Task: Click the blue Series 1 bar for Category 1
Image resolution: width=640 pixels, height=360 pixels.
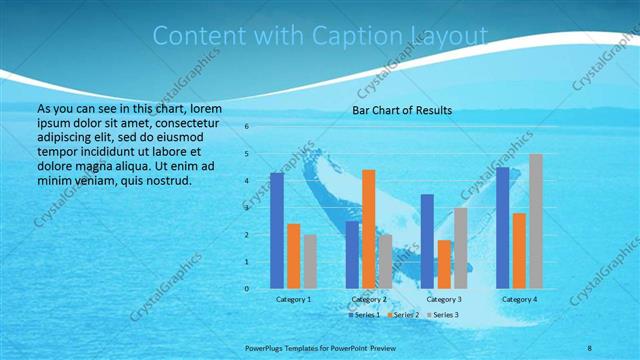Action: click(277, 230)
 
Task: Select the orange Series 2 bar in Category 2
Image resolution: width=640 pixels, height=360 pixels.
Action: click(369, 229)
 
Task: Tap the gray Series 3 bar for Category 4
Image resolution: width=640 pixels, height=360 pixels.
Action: click(536, 221)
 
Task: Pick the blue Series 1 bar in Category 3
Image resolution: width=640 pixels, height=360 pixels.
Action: click(427, 241)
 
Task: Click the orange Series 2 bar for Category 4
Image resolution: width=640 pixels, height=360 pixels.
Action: click(519, 250)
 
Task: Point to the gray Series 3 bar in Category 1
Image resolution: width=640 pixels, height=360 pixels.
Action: click(310, 261)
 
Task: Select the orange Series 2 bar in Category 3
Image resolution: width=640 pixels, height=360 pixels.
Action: click(444, 264)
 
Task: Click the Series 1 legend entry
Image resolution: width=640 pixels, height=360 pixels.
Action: click(366, 315)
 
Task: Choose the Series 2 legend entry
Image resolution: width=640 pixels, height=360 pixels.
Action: click(403, 315)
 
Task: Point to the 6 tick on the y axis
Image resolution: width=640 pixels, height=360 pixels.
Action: click(247, 127)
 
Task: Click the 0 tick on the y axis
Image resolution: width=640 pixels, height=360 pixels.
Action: click(247, 289)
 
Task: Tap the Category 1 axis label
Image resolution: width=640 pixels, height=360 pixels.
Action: click(294, 299)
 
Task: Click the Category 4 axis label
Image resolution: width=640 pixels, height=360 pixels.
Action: click(519, 299)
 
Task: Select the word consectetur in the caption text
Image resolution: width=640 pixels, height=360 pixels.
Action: click(182, 120)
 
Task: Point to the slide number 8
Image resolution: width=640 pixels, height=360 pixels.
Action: click(590, 348)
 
